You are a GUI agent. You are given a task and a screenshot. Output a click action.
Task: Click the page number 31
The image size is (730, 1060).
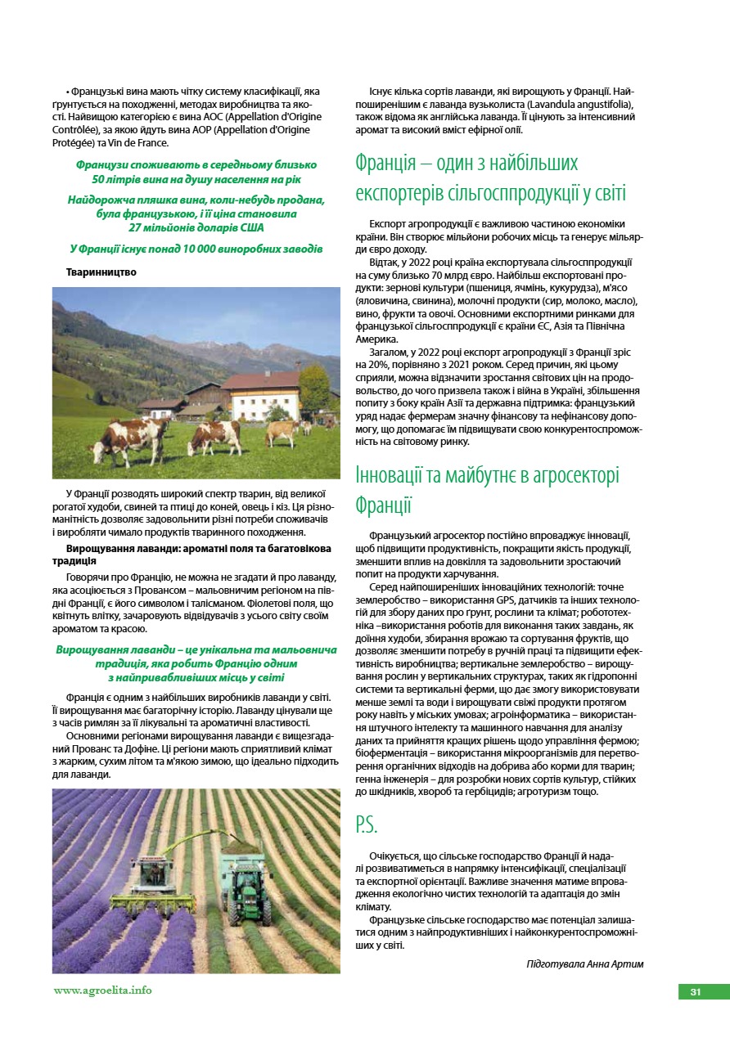(695, 992)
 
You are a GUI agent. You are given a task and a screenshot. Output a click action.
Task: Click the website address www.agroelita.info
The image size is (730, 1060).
(102, 990)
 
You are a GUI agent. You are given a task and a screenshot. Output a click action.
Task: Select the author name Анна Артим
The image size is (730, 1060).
(616, 963)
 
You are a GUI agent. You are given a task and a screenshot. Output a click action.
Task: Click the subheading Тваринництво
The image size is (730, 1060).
(101, 272)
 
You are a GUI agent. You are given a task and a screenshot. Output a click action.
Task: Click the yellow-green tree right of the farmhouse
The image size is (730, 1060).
(315, 388)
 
